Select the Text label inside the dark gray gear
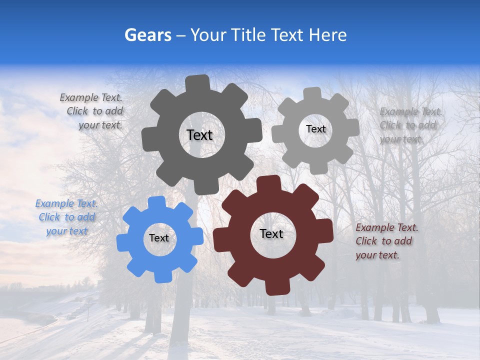click(199, 135)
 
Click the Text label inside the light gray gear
click(315, 129)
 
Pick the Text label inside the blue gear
click(159, 238)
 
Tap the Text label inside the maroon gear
click(271, 233)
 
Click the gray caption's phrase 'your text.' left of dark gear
click(100, 125)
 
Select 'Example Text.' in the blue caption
click(66, 203)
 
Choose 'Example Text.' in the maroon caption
click(387, 227)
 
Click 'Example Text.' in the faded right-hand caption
click(411, 111)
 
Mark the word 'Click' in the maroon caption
click(366, 241)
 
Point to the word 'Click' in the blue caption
click(49, 217)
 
